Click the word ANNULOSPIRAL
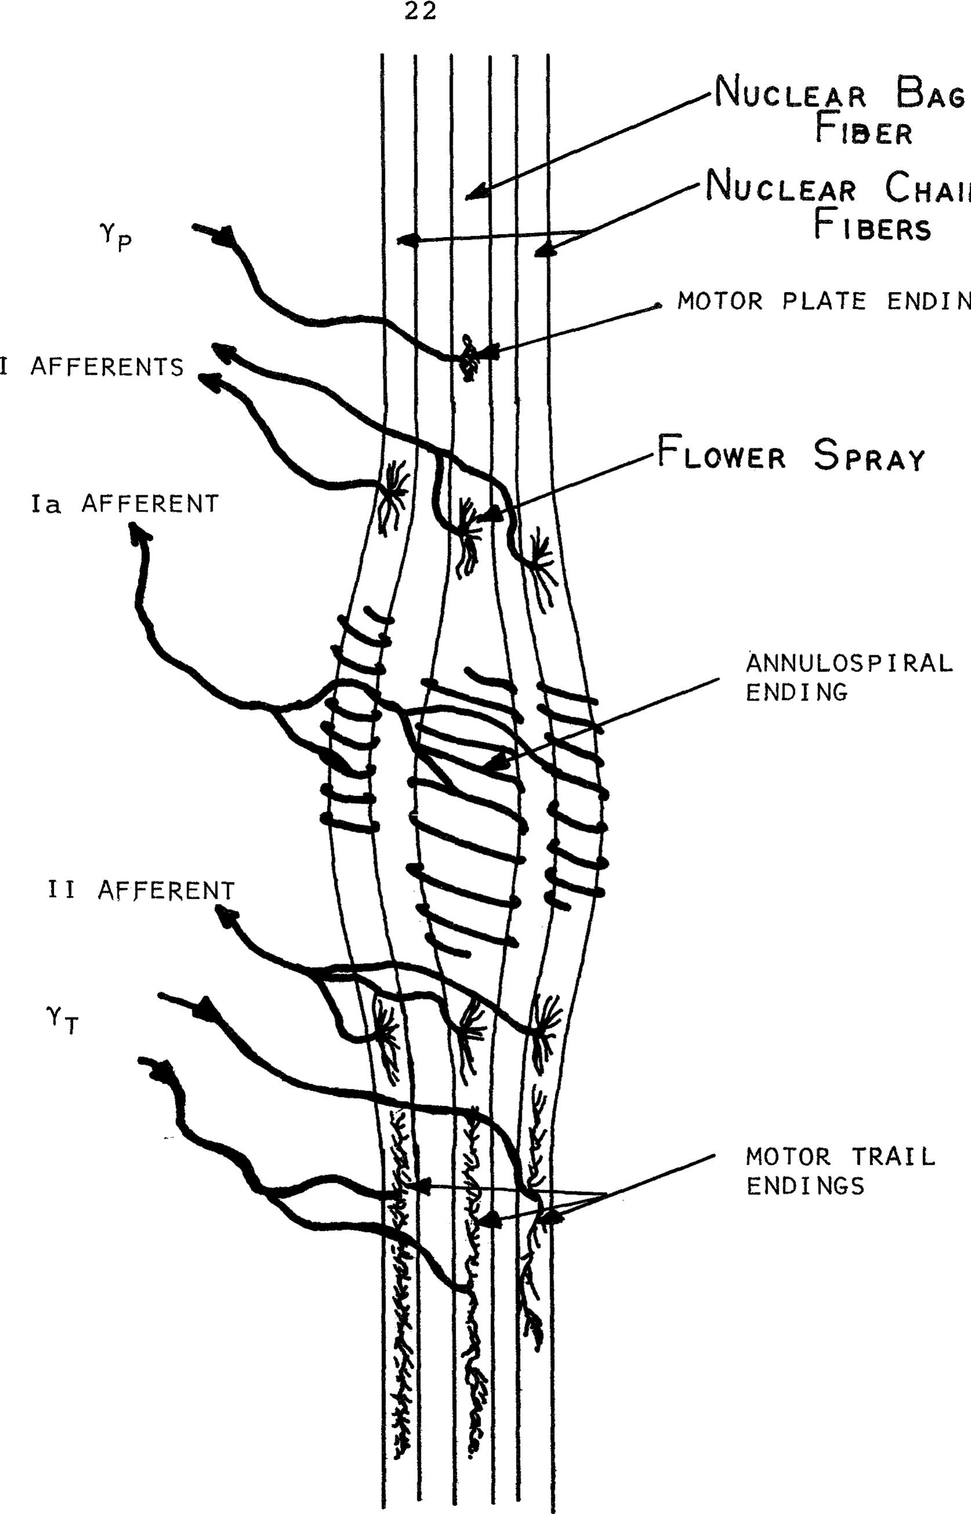click(x=849, y=663)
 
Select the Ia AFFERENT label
click(x=125, y=504)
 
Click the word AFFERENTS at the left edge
click(x=107, y=367)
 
